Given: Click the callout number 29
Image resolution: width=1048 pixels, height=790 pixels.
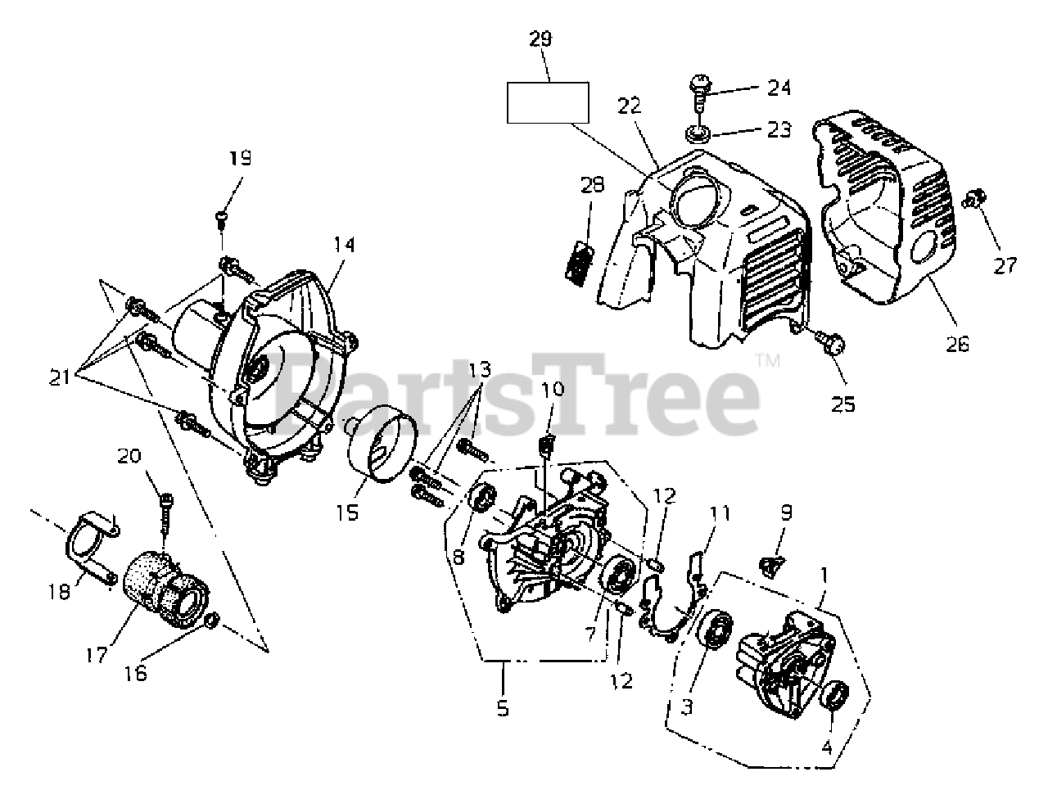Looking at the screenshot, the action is coord(541,38).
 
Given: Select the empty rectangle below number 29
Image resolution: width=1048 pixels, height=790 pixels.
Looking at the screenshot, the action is coord(548,102).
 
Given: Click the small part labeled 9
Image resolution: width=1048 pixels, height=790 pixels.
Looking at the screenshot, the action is coord(770,563).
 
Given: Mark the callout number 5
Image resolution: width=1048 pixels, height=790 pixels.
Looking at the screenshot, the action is coord(503,708).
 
